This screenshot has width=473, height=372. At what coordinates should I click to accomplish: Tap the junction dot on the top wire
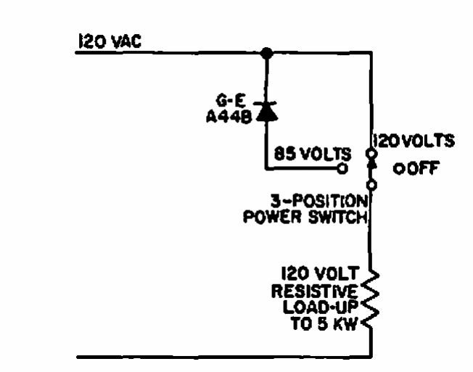(x=267, y=53)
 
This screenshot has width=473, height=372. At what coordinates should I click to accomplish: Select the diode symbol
(x=267, y=111)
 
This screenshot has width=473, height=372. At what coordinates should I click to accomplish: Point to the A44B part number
(x=234, y=118)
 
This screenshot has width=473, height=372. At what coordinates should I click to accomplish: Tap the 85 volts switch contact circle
(x=343, y=168)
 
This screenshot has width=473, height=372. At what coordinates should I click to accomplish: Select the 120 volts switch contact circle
(x=371, y=154)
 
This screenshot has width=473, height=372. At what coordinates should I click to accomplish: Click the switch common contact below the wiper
(x=371, y=186)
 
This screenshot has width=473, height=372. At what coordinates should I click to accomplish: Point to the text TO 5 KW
(x=326, y=324)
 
